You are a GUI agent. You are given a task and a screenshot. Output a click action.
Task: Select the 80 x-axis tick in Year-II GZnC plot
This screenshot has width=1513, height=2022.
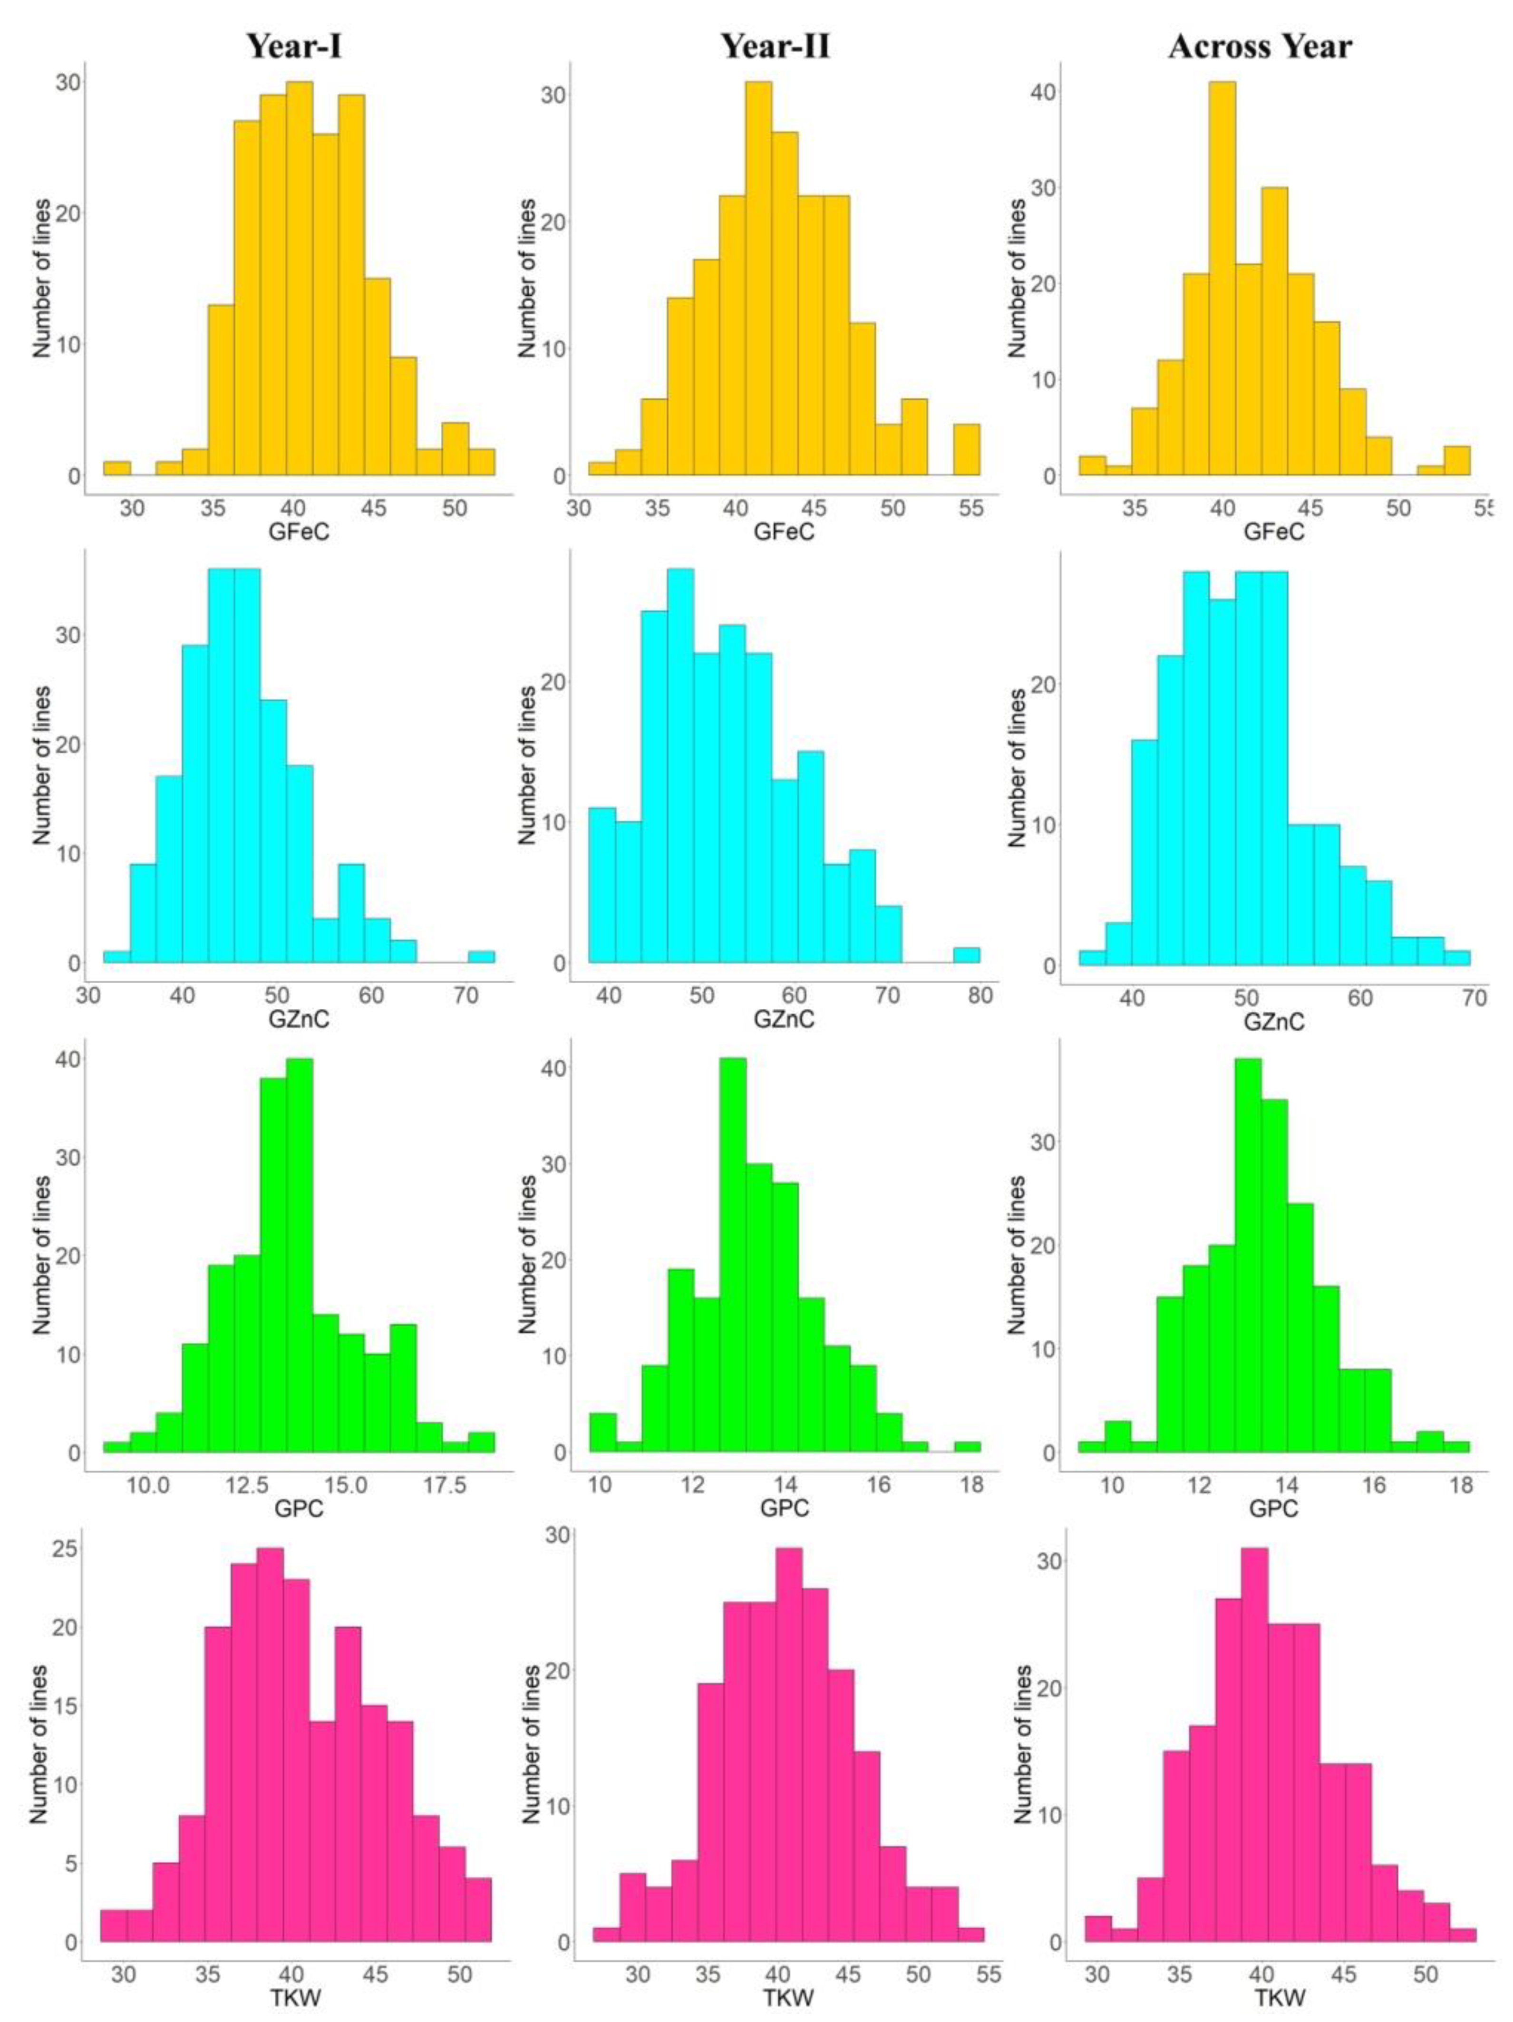pos(980,995)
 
